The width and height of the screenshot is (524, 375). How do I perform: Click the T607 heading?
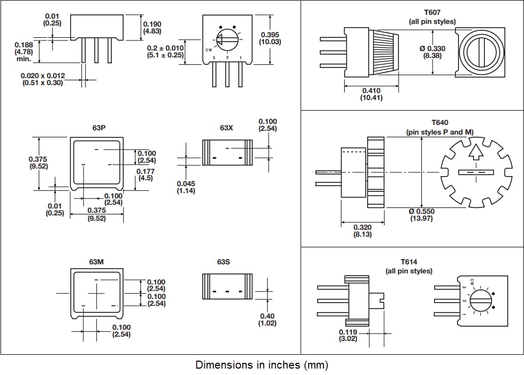pyautogui.click(x=432, y=12)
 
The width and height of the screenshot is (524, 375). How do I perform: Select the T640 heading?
pyautogui.click(x=439, y=122)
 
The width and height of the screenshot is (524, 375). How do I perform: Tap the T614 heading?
pyautogui.click(x=409, y=262)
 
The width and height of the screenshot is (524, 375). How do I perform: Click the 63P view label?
pyautogui.click(x=99, y=128)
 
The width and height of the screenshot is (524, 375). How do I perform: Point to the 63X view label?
pyautogui.click(x=226, y=128)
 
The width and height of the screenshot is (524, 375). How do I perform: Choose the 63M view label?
pyautogui.click(x=96, y=262)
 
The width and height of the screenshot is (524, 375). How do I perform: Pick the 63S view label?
pyautogui.click(x=223, y=262)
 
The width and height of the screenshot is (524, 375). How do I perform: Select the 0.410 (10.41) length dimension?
pyautogui.click(x=372, y=94)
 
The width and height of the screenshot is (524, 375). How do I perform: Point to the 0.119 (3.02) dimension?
pyautogui.click(x=348, y=336)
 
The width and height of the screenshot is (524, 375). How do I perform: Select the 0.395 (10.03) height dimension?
pyautogui.click(x=270, y=38)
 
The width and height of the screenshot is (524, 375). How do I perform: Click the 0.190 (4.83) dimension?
pyautogui.click(x=152, y=28)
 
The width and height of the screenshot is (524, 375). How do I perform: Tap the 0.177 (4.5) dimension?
pyautogui.click(x=145, y=174)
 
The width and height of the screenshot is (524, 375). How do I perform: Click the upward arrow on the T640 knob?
pyautogui.click(x=477, y=153)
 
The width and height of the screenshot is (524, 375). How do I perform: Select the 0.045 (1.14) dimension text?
pyautogui.click(x=186, y=187)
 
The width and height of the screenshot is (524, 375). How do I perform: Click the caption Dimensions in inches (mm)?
pyautogui.click(x=262, y=365)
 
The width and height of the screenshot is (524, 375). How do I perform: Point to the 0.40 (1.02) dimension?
pyautogui.click(x=267, y=319)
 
